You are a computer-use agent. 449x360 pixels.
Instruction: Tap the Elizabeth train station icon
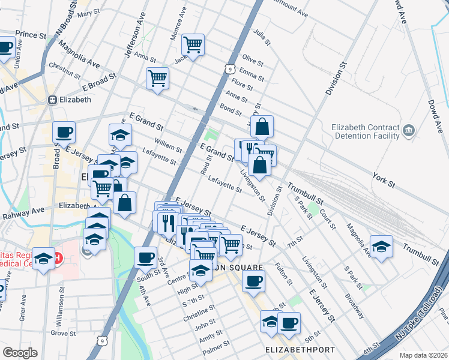(x=53, y=100)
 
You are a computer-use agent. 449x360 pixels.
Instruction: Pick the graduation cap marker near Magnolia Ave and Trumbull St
(x=381, y=247)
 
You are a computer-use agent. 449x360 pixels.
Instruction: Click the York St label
(x=382, y=180)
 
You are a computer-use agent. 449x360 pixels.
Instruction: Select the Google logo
(x=20, y=352)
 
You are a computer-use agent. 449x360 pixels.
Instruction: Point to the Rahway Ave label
(x=23, y=211)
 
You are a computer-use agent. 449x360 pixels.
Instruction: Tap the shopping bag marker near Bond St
(x=262, y=127)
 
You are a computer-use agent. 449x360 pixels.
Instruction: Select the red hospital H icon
(x=58, y=259)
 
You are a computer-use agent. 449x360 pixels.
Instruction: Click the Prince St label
(x=31, y=35)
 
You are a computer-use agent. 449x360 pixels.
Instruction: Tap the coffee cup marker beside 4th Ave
(x=145, y=257)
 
